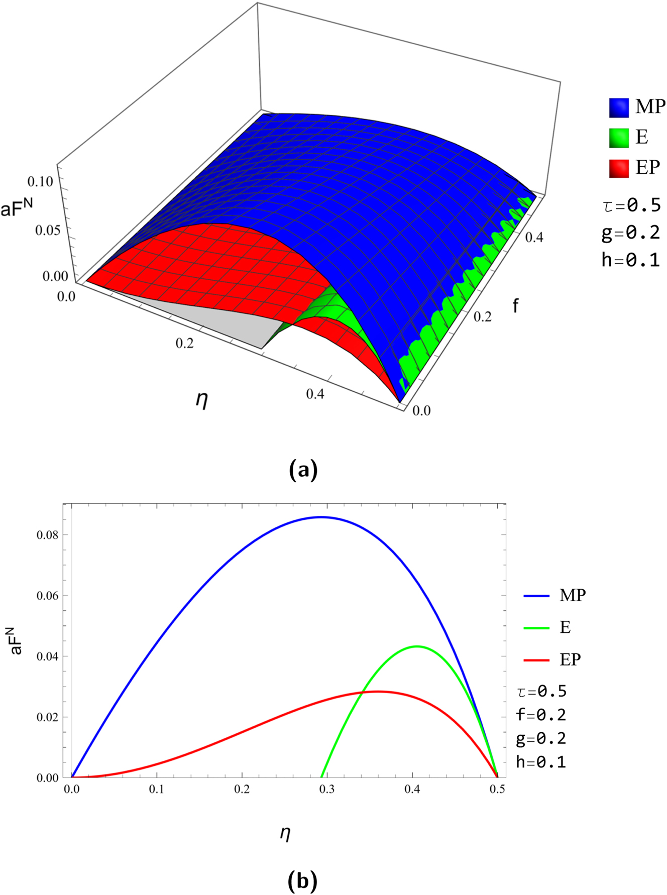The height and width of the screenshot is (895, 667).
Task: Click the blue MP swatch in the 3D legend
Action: pyautogui.click(x=619, y=107)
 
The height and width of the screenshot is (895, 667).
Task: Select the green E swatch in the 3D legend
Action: pyautogui.click(x=619, y=137)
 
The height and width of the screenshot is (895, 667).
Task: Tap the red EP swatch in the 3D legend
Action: pyautogui.click(x=619, y=167)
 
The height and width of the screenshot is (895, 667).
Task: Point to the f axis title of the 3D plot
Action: pyautogui.click(x=515, y=305)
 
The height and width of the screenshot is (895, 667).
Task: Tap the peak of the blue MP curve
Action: pyautogui.click(x=321, y=517)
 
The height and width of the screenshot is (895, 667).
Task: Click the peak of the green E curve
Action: pyautogui.click(x=417, y=646)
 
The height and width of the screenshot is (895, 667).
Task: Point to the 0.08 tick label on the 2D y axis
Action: pyautogui.click(x=47, y=535)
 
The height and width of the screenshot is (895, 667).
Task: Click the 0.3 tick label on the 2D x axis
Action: pyautogui.click(x=327, y=789)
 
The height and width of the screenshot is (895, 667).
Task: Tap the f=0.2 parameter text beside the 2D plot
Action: pyautogui.click(x=541, y=714)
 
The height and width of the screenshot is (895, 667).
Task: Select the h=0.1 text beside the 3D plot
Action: pyautogui.click(x=630, y=260)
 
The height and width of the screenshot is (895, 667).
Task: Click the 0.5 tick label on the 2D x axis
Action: pyautogui.click(x=497, y=789)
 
